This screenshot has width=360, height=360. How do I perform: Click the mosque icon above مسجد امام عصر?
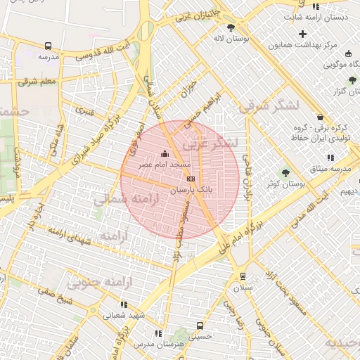tap(165, 153)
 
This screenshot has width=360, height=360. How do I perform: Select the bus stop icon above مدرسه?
tap(48, 46)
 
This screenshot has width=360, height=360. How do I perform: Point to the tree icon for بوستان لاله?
tap(231, 27)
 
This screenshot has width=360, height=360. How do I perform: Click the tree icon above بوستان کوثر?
tap(285, 173)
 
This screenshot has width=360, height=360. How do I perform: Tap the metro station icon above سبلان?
tap(243, 276)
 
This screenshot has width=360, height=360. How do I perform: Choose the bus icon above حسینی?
tap(200, 326)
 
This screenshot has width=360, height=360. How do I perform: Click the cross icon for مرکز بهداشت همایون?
tap(303, 34)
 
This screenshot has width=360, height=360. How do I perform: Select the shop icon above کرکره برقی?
tap(321, 117)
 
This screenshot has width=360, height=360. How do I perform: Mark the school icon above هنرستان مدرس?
tap(158, 333)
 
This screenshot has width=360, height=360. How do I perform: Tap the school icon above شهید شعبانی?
tap(124, 304)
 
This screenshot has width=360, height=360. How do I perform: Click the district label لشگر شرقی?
tap(269, 107)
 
